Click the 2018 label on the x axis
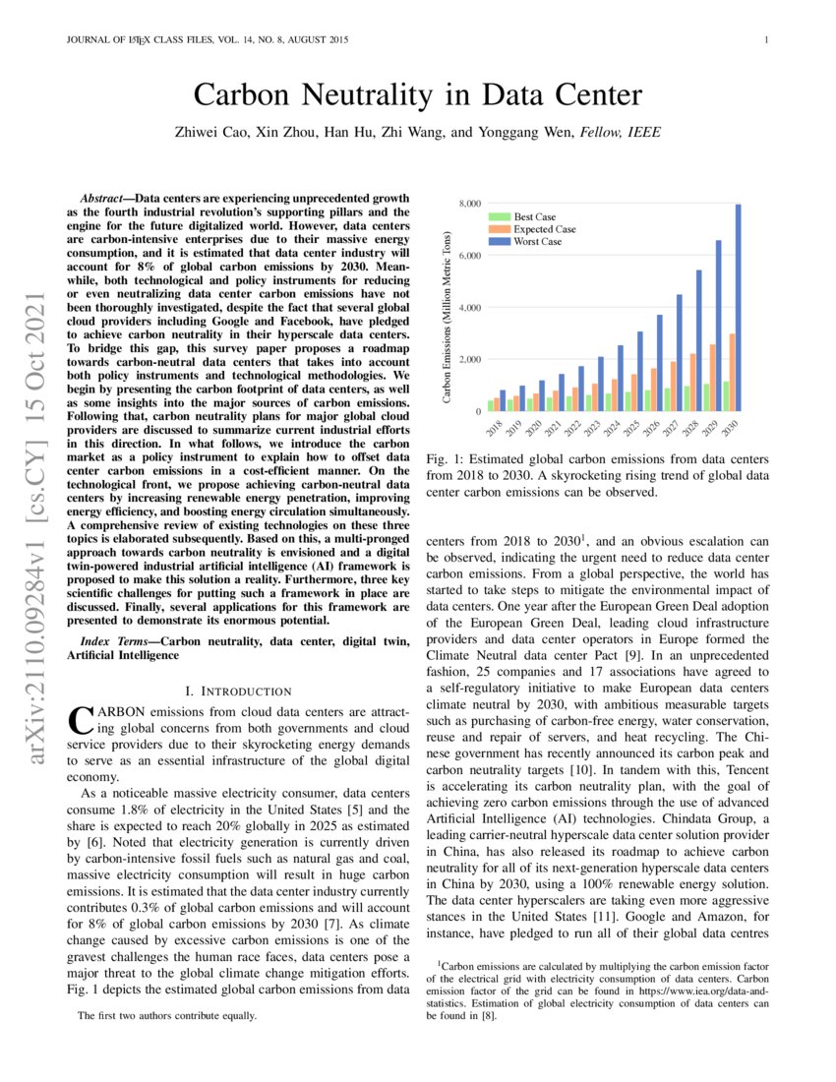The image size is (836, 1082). pyautogui.click(x=495, y=427)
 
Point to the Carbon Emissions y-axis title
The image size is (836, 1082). pyautogui.click(x=447, y=317)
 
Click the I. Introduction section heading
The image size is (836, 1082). pyautogui.click(x=238, y=691)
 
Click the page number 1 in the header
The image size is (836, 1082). pyautogui.click(x=765, y=40)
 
